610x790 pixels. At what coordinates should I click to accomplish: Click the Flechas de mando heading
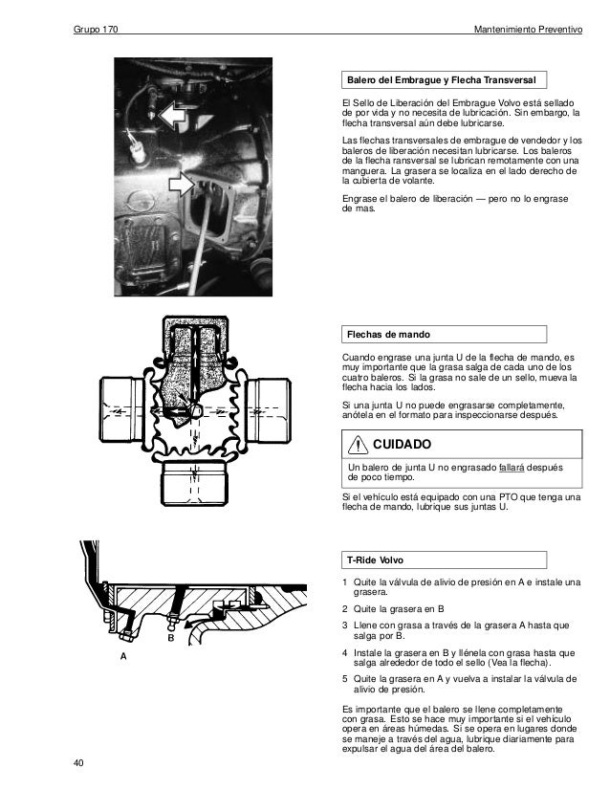[x=387, y=335]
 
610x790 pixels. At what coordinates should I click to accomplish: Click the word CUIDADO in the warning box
[x=402, y=445]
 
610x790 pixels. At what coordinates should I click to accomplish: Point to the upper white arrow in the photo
[x=172, y=117]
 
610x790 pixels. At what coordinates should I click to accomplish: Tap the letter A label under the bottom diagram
[x=122, y=659]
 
